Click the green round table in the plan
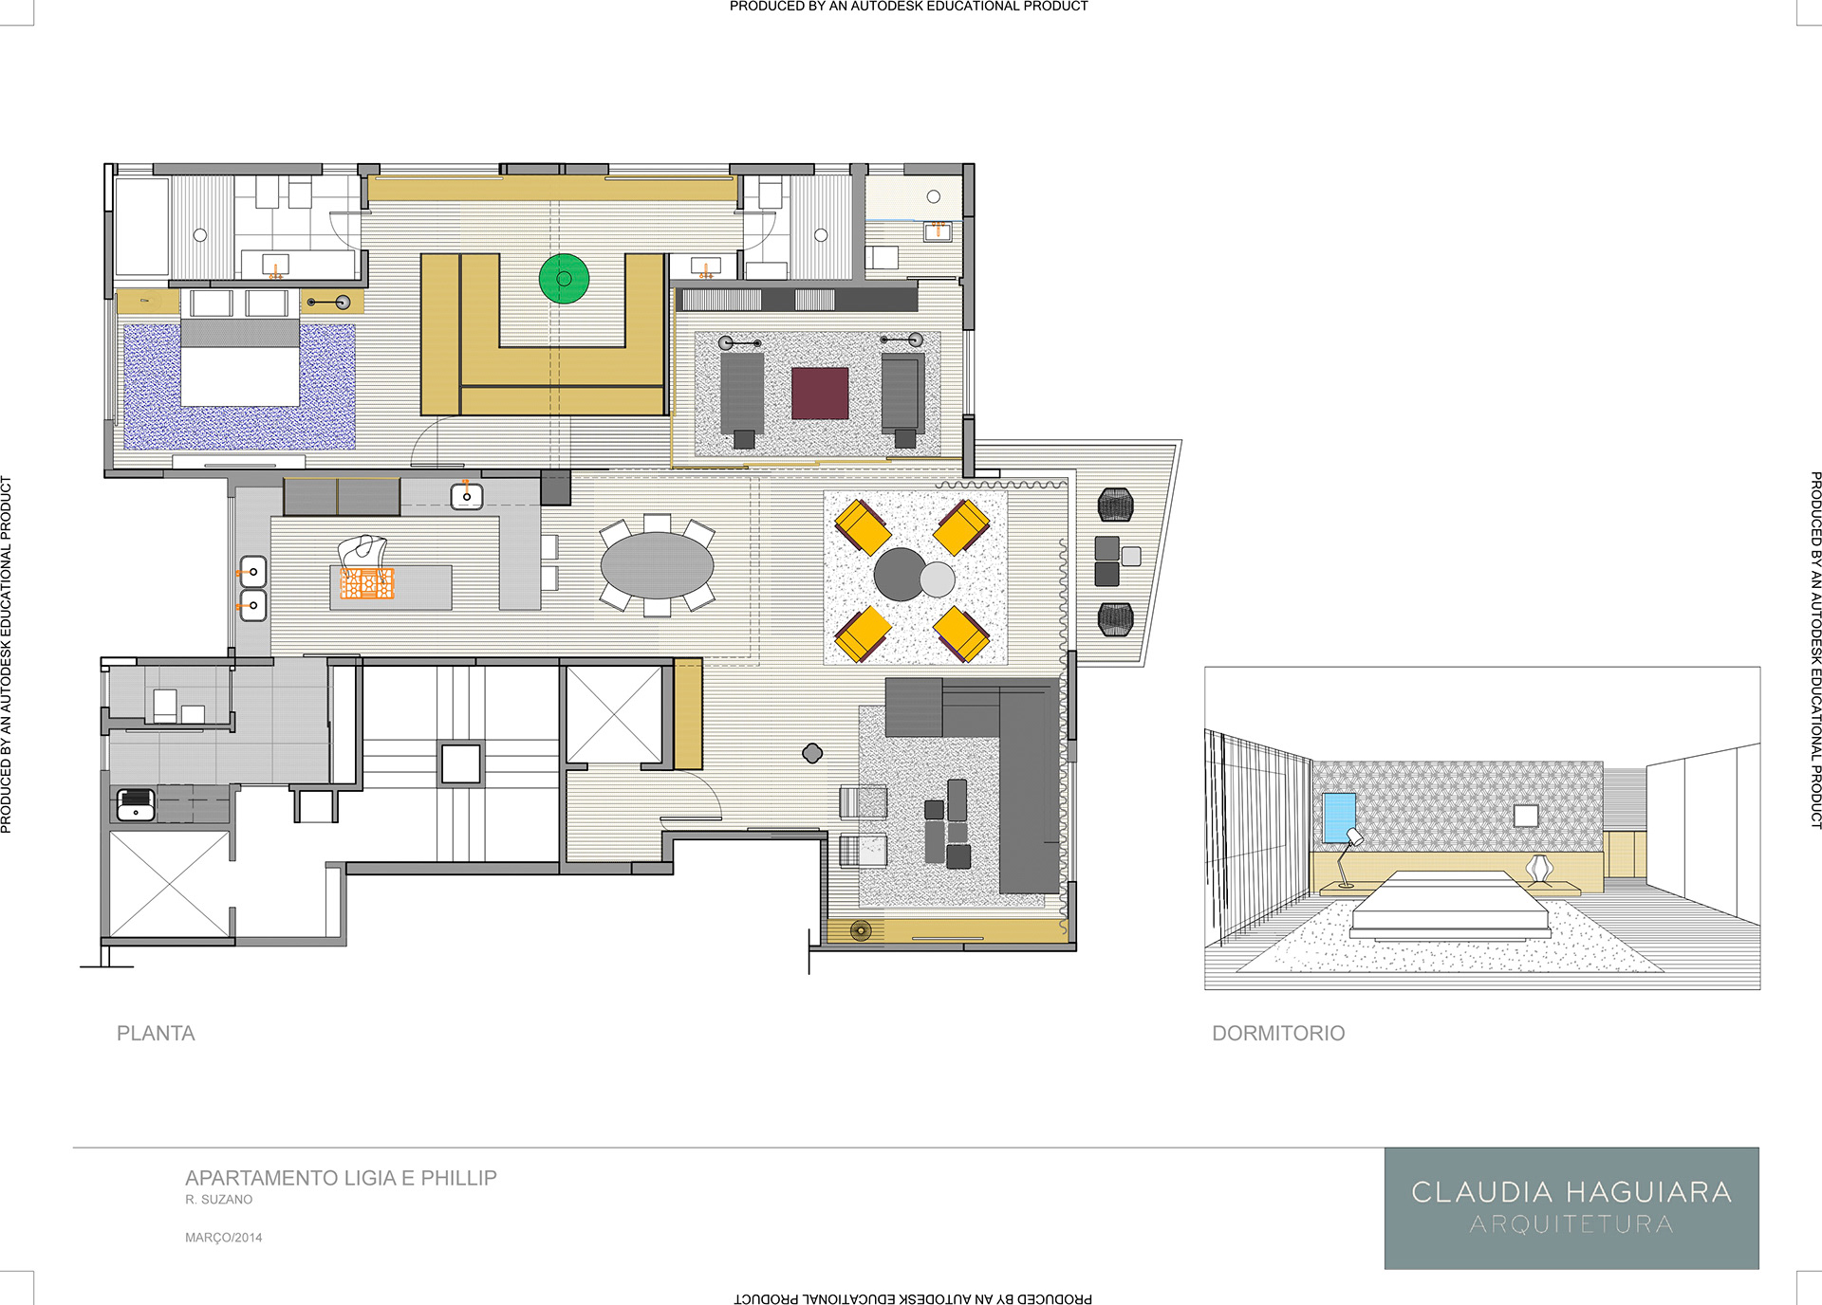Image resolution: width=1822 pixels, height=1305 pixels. click(x=564, y=279)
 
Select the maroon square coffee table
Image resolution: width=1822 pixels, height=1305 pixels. click(x=820, y=394)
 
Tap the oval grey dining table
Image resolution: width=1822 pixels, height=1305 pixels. click(x=657, y=565)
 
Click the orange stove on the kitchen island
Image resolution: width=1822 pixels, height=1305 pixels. click(x=367, y=583)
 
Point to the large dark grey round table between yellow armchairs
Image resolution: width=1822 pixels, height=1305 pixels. click(x=899, y=574)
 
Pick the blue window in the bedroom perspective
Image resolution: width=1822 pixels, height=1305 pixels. click(x=1339, y=818)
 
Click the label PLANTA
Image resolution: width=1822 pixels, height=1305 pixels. click(x=156, y=1034)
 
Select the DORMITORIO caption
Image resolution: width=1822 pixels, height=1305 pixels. click(x=1278, y=1034)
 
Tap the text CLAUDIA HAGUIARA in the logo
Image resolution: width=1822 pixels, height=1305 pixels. click(x=1571, y=1192)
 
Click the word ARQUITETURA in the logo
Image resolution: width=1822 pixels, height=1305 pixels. click(x=1571, y=1224)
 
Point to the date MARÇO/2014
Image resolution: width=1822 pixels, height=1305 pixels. click(x=224, y=1238)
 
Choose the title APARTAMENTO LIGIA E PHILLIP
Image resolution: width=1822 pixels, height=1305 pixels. click(x=341, y=1178)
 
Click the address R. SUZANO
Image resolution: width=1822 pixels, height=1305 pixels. click(x=219, y=1200)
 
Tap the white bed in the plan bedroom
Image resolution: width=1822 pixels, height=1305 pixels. click(x=240, y=362)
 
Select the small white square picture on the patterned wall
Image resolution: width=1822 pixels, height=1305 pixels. click(x=1526, y=816)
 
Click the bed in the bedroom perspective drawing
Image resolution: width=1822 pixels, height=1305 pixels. click(x=1450, y=905)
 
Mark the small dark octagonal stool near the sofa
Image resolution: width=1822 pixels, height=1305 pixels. click(x=812, y=753)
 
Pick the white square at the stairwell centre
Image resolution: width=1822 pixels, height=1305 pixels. click(x=461, y=763)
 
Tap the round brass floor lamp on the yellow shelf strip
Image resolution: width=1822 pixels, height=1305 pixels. click(x=861, y=930)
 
